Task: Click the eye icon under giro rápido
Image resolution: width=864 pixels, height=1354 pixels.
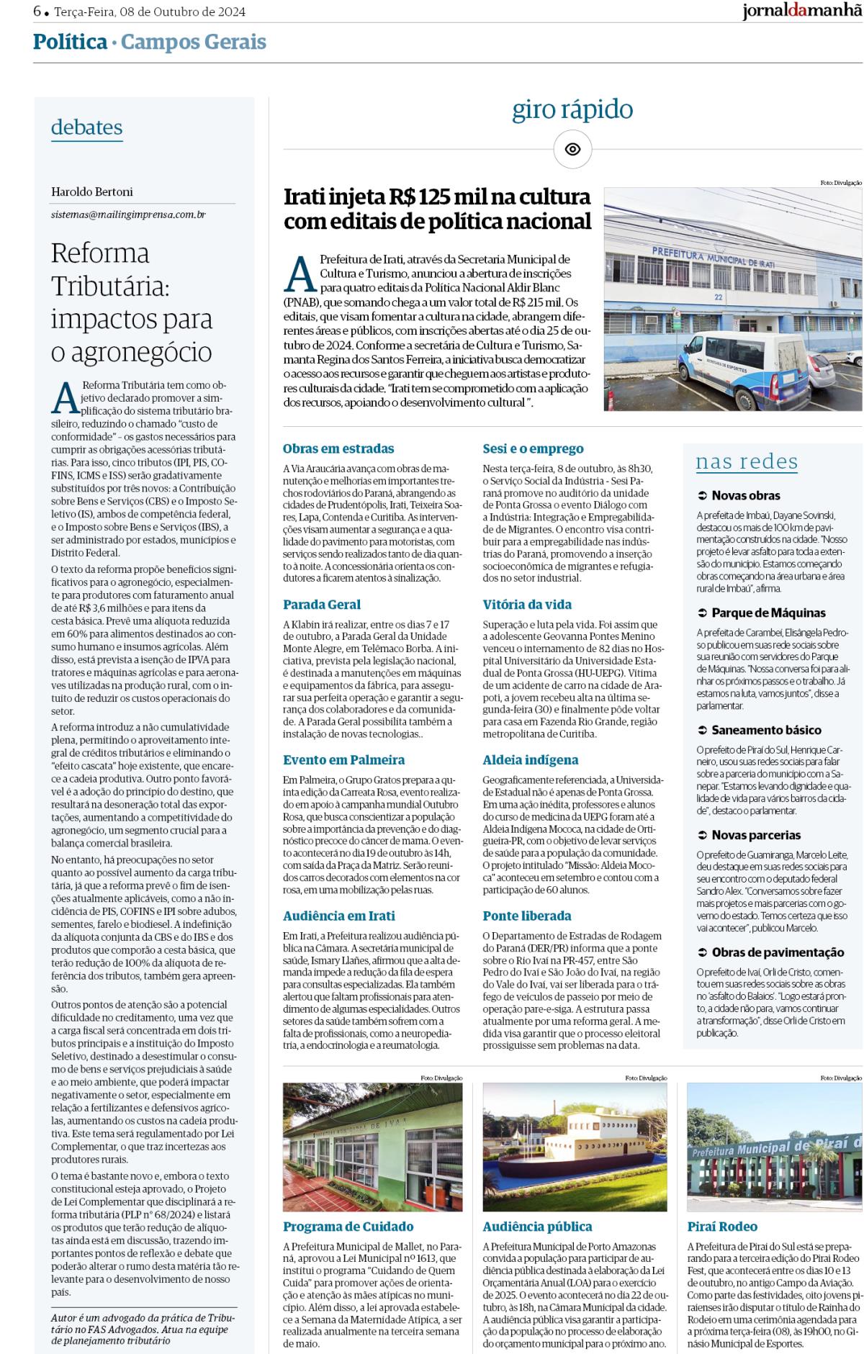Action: click(x=572, y=150)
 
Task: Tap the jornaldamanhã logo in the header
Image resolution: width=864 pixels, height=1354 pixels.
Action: click(x=801, y=12)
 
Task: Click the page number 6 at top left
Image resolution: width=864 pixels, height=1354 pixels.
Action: click(x=37, y=12)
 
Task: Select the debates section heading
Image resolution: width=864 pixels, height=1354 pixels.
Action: click(x=86, y=127)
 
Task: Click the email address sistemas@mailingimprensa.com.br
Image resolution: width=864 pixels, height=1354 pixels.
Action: click(x=128, y=215)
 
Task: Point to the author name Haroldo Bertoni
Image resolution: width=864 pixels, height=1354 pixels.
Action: click(x=92, y=191)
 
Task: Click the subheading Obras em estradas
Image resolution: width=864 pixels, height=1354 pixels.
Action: click(x=338, y=448)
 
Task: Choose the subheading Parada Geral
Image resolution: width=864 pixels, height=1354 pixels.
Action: click(x=322, y=604)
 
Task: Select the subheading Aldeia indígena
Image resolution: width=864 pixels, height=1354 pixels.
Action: click(x=530, y=759)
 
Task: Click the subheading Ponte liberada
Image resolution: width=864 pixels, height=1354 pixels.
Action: click(x=526, y=916)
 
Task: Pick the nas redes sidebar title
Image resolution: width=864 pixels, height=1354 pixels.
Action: click(x=747, y=461)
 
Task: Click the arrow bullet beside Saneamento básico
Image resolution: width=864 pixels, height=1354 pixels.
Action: click(x=702, y=730)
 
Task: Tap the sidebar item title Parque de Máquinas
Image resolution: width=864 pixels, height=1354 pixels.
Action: click(x=768, y=613)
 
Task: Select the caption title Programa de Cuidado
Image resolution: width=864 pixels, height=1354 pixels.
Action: click(x=348, y=1227)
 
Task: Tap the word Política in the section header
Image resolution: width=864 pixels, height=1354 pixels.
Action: click(x=70, y=42)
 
